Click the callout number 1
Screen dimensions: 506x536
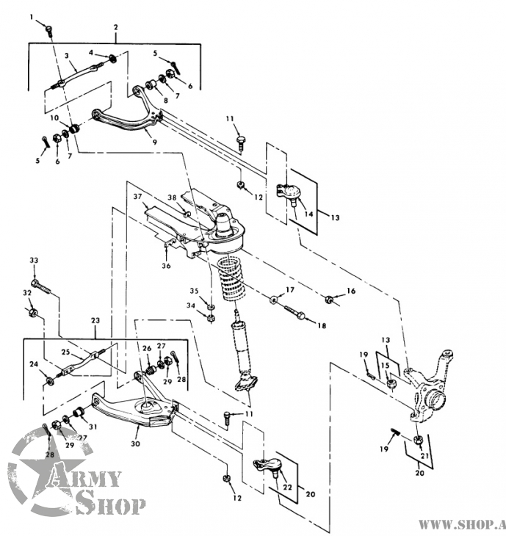coord(32,17)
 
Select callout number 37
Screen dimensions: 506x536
coord(137,197)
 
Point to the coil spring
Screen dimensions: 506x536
coord(233,278)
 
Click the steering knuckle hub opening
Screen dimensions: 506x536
coord(436,401)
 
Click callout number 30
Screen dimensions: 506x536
coord(135,443)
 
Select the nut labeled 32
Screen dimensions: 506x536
coord(32,312)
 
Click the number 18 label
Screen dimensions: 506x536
coord(322,326)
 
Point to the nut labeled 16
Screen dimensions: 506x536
coord(329,300)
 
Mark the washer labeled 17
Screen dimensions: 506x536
coord(273,300)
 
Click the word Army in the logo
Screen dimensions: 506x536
coord(84,479)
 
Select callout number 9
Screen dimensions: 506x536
coord(155,141)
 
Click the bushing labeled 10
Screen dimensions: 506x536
coord(74,128)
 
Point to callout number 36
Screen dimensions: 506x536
coord(166,266)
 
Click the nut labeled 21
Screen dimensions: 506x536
coord(419,440)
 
